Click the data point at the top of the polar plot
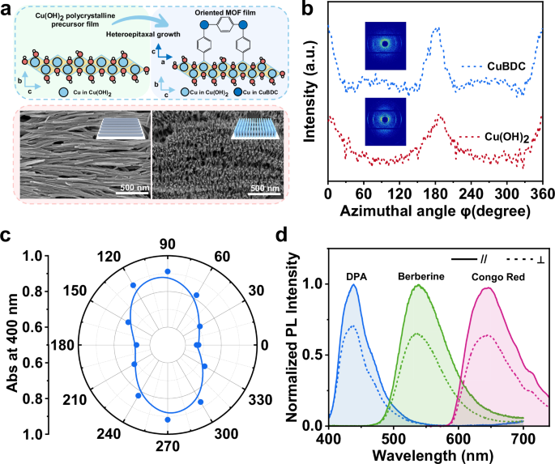(168, 271)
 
